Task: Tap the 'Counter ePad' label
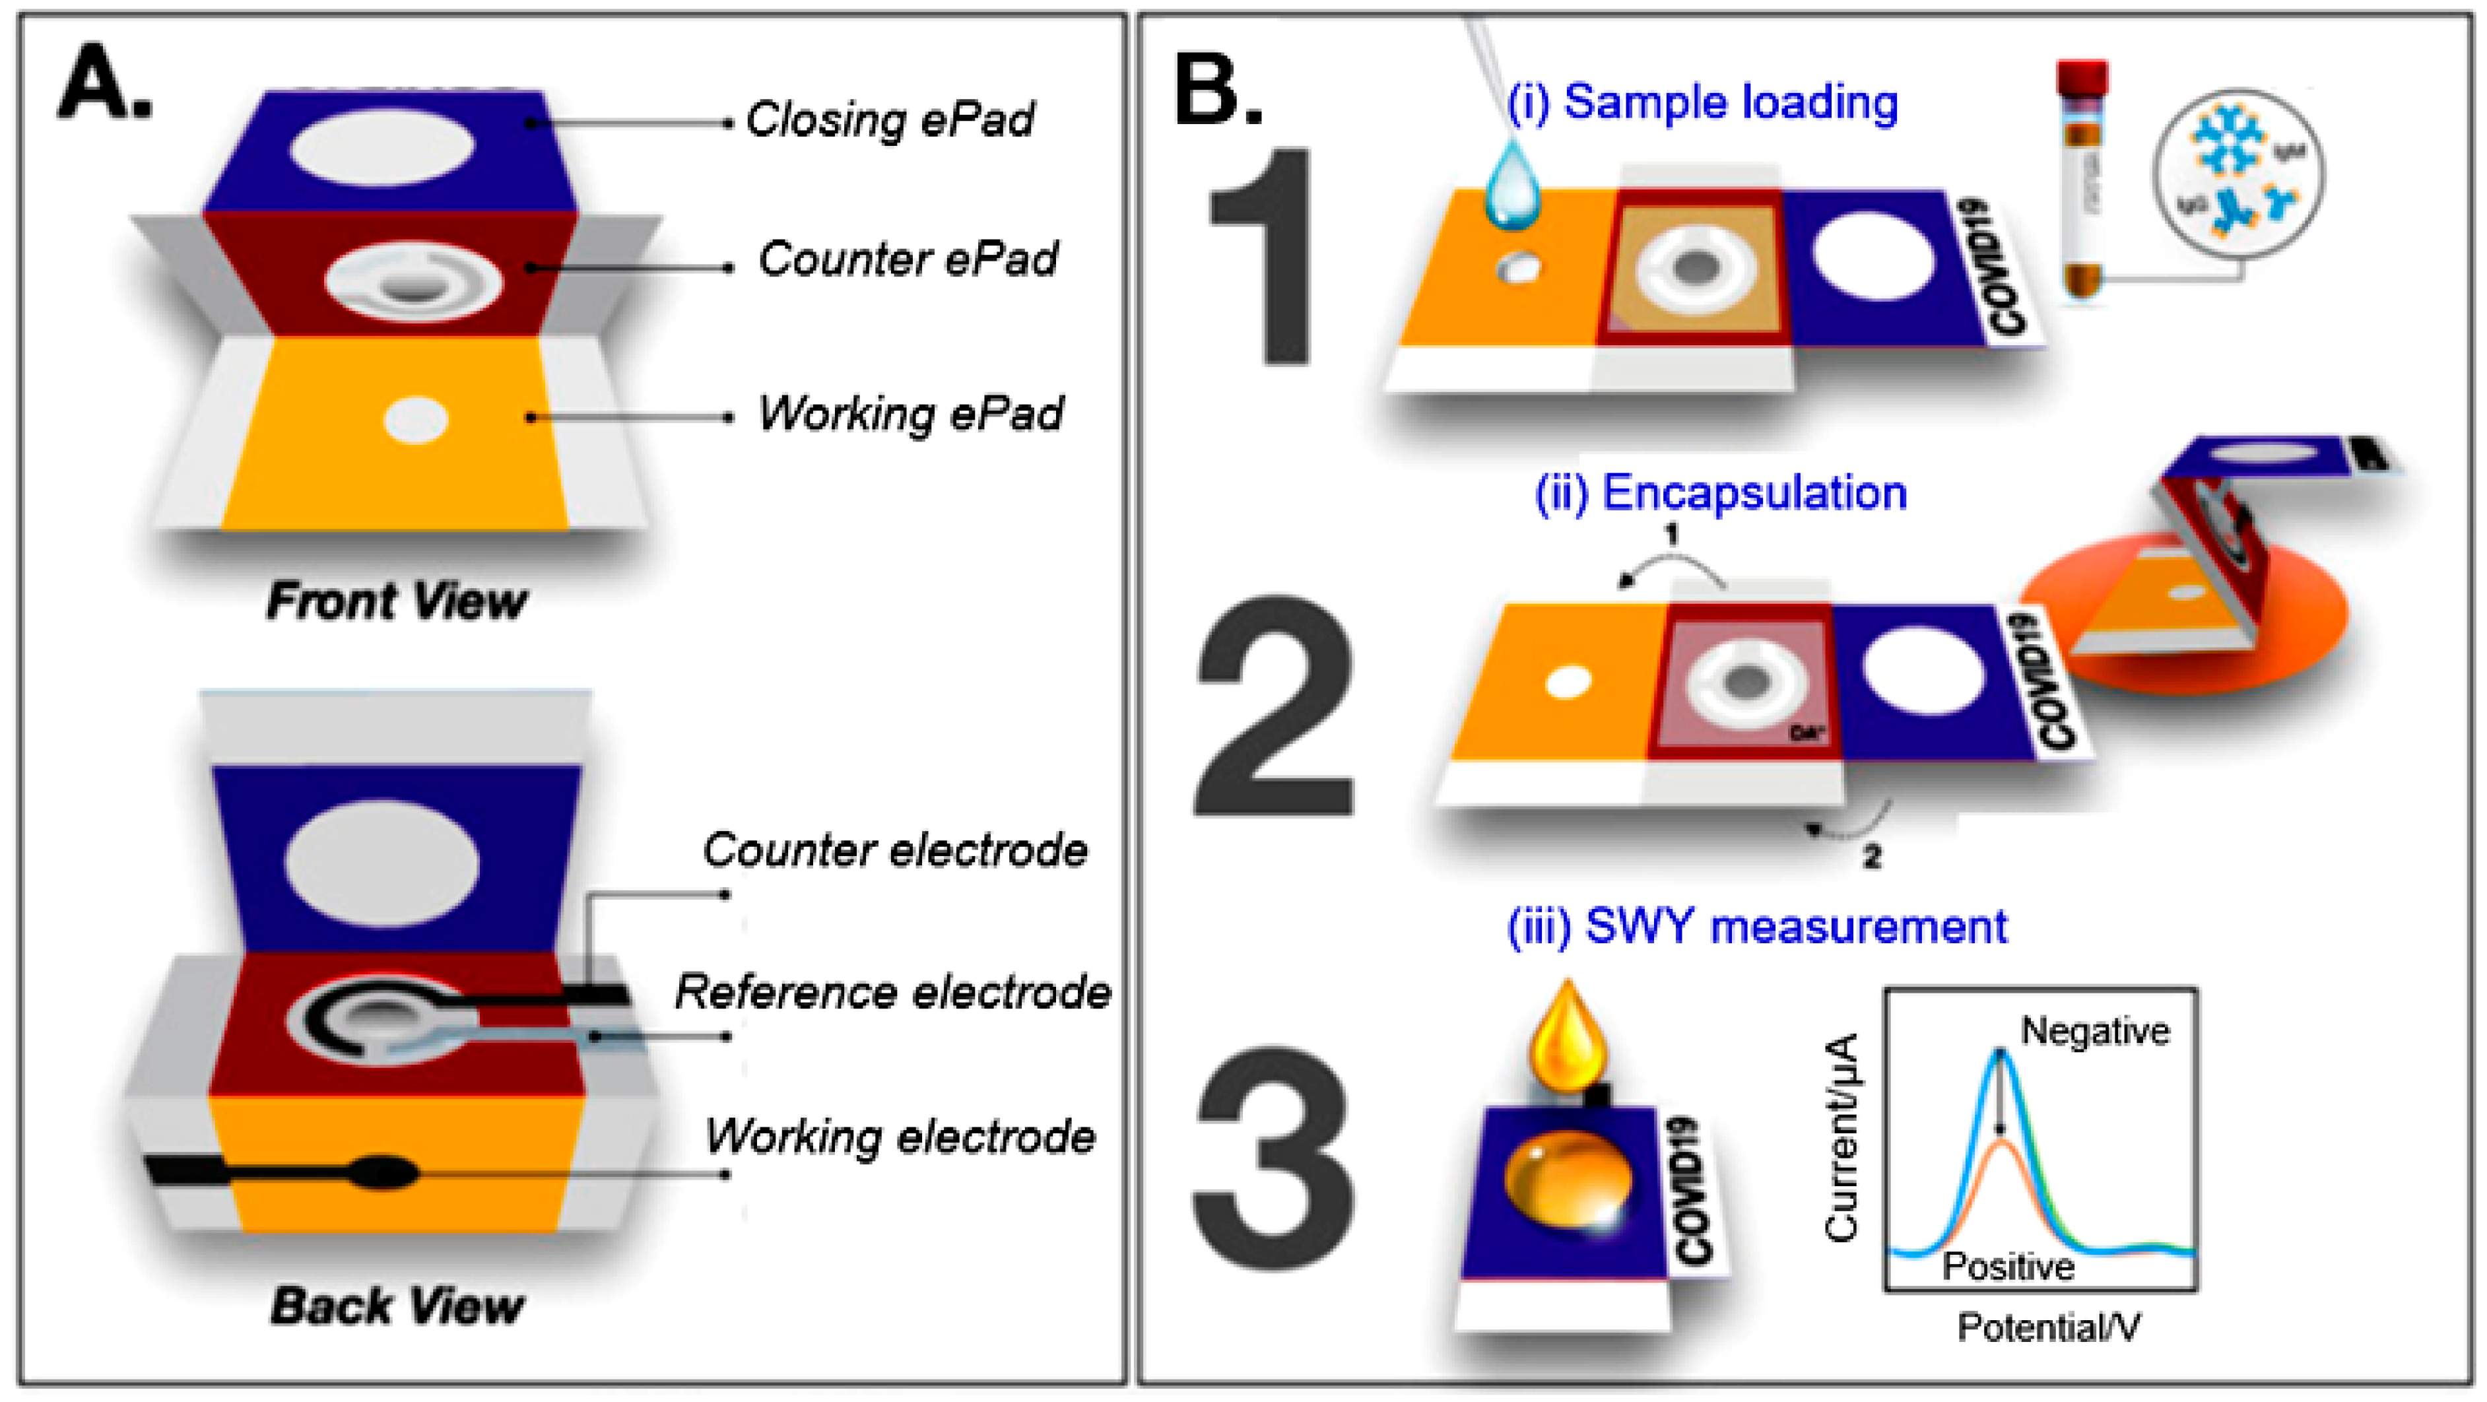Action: pos(908,259)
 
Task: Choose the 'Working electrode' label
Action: pos(900,1137)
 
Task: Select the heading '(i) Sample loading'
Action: pos(1702,102)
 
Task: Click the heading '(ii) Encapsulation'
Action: pos(1721,493)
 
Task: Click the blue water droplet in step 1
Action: pos(1513,186)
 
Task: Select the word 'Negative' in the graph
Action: pos(2095,1031)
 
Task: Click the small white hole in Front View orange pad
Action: pos(416,420)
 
